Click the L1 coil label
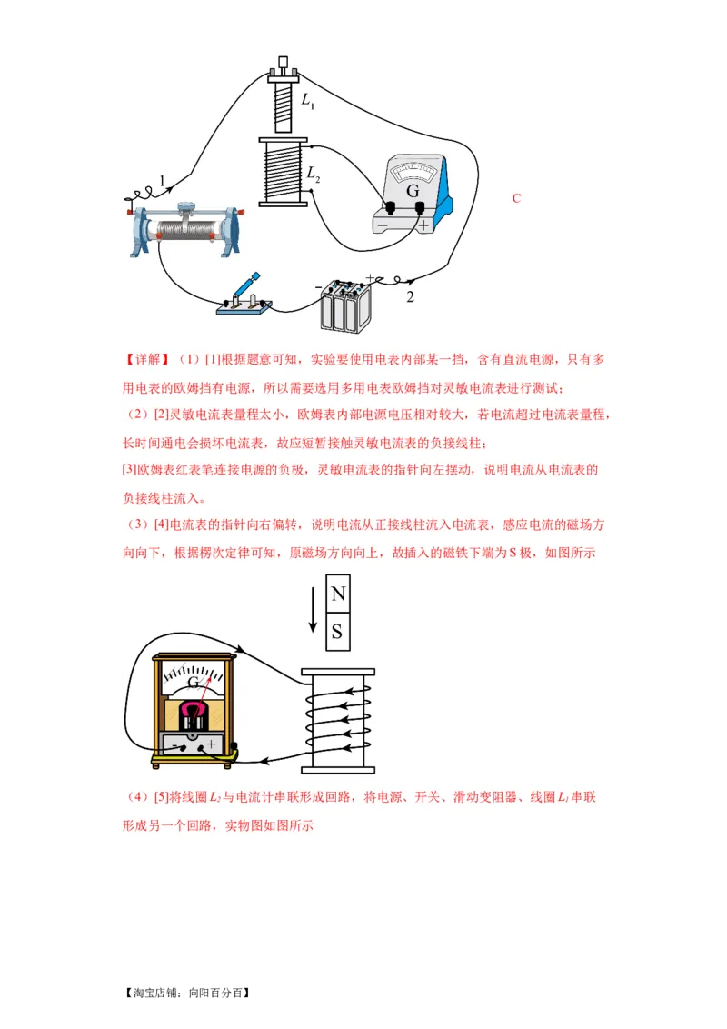point(308,100)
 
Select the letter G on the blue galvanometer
point(413,191)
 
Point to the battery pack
point(345,306)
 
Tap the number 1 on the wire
point(163,182)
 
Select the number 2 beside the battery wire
point(410,297)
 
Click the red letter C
point(516,198)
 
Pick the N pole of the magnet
point(338,594)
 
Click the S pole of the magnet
point(338,632)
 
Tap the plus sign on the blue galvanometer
point(423,223)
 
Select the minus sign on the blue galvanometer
point(383,224)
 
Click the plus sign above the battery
point(370,277)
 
